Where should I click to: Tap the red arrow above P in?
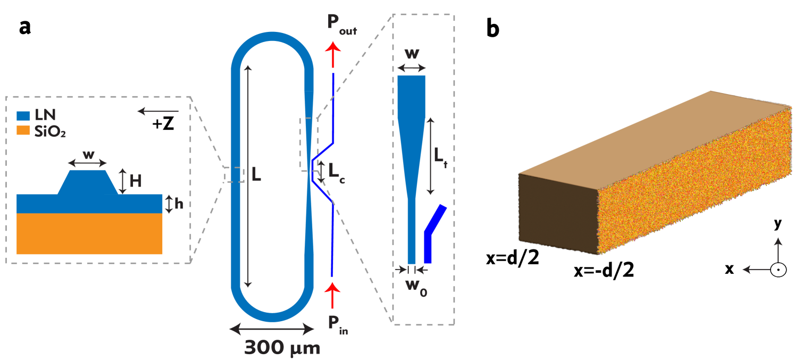(332, 295)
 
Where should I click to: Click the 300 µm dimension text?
(282, 348)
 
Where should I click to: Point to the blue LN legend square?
(23, 115)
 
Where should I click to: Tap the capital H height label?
(136, 181)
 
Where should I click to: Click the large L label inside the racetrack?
(256, 174)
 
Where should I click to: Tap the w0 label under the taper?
(416, 284)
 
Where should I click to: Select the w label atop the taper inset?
(412, 55)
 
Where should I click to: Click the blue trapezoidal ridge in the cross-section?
(88, 181)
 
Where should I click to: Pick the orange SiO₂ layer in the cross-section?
(89, 233)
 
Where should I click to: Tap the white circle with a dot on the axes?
(778, 270)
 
